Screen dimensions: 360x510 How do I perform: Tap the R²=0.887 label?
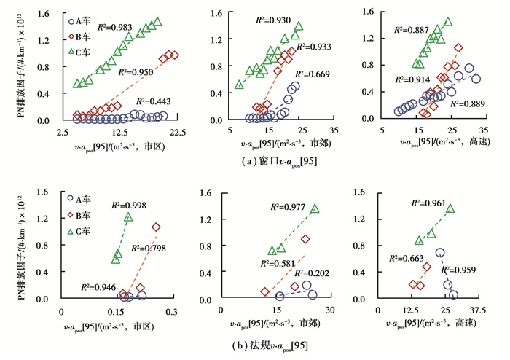[412, 31]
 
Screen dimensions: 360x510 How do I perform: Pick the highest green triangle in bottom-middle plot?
[315, 209]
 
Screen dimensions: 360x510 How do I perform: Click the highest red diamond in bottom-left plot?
[156, 227]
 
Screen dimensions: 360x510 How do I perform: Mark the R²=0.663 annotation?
[407, 258]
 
